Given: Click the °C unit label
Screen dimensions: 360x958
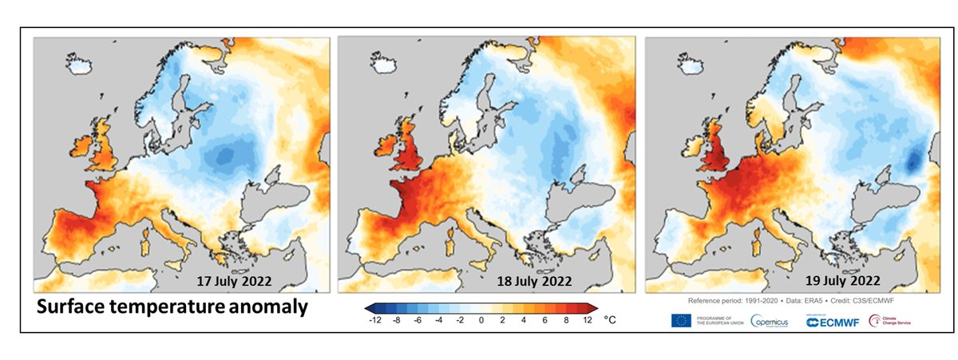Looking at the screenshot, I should (611, 319).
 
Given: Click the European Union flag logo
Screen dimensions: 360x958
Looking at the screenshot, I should (683, 321).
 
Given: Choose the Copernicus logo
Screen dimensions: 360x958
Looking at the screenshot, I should (770, 321).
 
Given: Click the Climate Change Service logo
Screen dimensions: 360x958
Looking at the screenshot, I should (889, 321).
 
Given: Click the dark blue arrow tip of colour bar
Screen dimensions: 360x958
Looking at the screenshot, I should (368, 307).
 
